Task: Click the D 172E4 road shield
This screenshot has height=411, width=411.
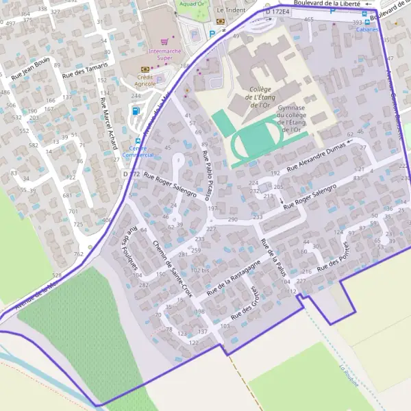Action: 278,12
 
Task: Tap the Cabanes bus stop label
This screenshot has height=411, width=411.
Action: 366,30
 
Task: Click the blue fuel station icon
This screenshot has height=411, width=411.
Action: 135,110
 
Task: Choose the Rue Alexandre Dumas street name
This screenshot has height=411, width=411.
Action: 318,156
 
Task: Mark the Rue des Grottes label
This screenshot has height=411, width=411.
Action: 244,302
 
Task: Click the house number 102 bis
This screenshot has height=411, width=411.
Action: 200,270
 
